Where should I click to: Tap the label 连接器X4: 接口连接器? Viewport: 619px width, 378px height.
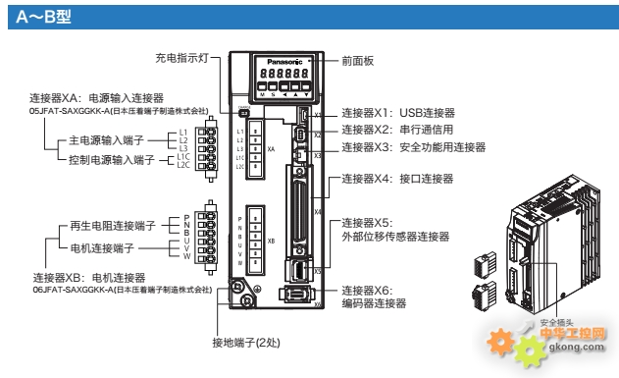[395, 180]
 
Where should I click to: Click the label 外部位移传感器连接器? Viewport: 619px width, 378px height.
[394, 237]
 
